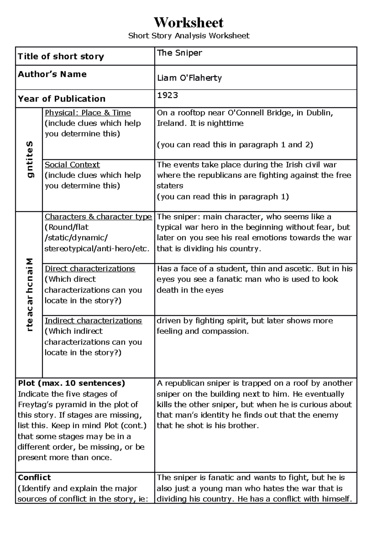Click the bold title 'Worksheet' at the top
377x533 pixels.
[188, 23]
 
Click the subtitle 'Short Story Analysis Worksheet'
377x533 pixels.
[188, 36]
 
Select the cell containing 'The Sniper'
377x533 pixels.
[180, 53]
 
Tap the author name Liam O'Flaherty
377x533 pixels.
[189, 78]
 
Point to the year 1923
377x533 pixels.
[167, 95]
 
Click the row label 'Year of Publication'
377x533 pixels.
[62, 99]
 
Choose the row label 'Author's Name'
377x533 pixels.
[52, 74]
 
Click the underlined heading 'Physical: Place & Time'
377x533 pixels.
[88, 113]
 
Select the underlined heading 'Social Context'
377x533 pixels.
[72, 165]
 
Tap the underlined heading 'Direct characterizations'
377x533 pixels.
[90, 269]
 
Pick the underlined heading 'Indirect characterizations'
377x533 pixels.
[93, 320]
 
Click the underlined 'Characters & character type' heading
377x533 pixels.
[98, 217]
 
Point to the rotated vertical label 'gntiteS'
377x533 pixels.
[29, 159]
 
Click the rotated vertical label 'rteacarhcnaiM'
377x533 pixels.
[29, 295]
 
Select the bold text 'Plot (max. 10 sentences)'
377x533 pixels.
[71, 383]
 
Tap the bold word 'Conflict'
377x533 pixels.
[34, 477]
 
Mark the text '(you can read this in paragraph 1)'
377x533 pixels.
[223, 197]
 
